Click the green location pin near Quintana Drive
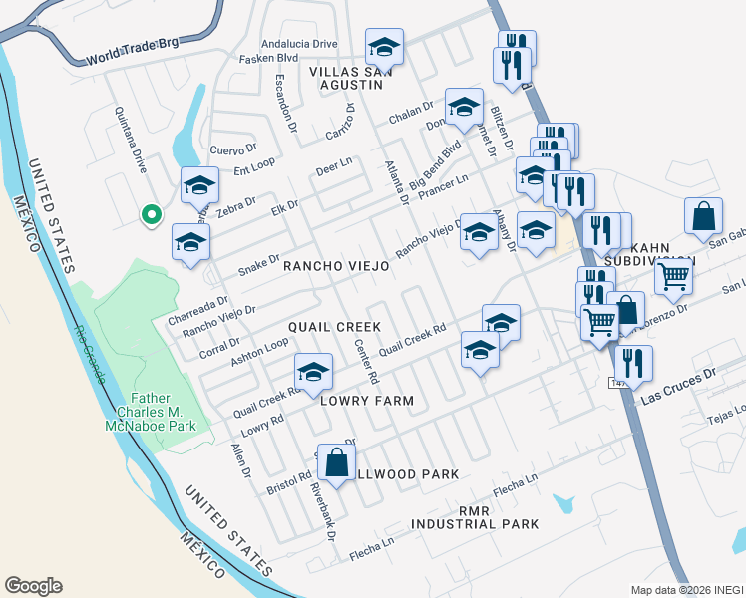151,213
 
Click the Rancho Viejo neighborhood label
336,267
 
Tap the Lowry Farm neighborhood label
366,400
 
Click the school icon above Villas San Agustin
383,48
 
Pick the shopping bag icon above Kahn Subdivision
703,216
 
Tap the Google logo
33,586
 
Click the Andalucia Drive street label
299,44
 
